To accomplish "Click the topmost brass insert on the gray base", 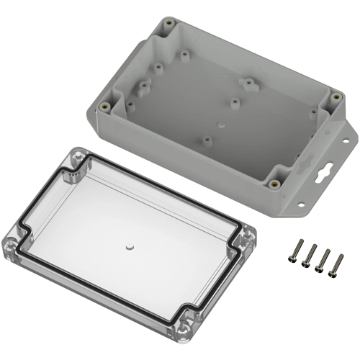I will tap(171, 24).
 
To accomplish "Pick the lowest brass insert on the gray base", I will tap(274, 183).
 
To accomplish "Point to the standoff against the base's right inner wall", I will tap(313, 113).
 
